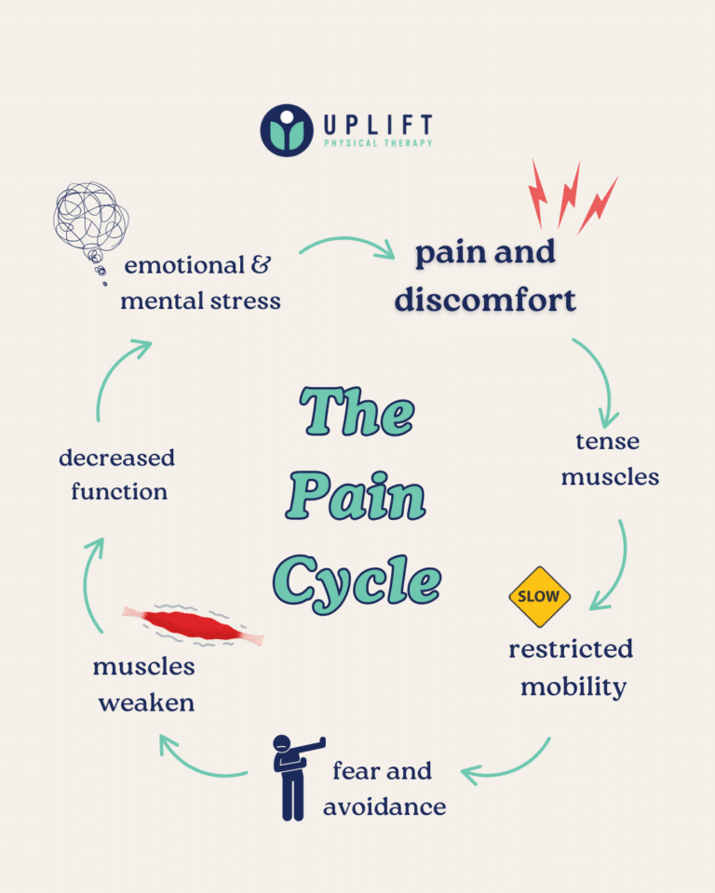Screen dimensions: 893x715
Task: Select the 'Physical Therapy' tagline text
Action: tap(378, 143)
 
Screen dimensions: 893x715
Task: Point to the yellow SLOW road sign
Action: tap(539, 595)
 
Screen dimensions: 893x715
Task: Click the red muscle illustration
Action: tap(194, 625)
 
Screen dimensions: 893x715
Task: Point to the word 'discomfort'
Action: tap(485, 300)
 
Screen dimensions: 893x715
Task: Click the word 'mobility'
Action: tap(573, 687)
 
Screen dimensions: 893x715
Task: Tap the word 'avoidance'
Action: tap(384, 806)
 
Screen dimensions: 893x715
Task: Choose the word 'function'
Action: tap(119, 491)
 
